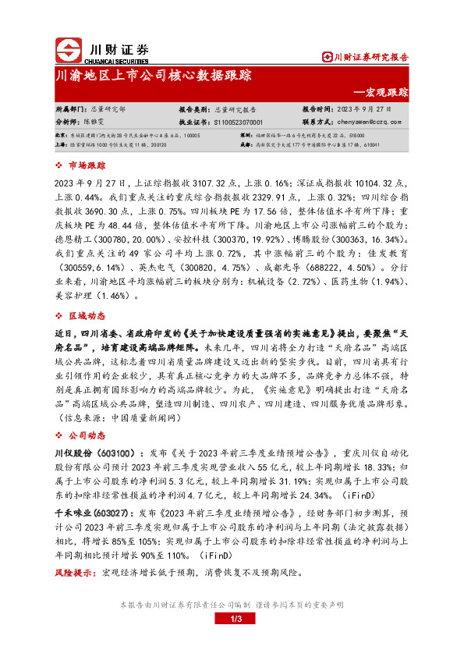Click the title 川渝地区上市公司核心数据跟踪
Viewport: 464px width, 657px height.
click(154, 76)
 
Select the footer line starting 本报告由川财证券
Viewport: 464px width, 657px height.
click(232, 605)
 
